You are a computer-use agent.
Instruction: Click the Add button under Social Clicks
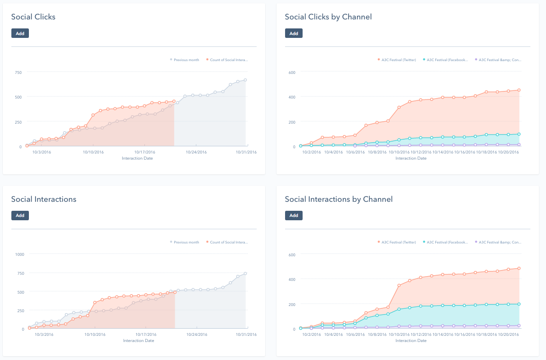[x=20, y=33]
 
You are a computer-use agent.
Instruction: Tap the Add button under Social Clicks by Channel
[x=294, y=33]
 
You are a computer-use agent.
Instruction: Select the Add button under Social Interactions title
[x=20, y=216]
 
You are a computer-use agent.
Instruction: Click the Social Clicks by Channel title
[x=328, y=17]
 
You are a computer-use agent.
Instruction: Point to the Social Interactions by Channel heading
[x=339, y=199]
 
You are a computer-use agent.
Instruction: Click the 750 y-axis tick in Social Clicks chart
[x=18, y=72]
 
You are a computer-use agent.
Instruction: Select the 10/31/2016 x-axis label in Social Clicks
[x=246, y=152]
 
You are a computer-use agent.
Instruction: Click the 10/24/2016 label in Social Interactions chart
[x=196, y=334]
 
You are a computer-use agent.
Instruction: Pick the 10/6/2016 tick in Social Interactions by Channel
[x=355, y=334]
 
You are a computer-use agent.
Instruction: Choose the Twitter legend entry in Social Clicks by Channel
[x=398, y=60]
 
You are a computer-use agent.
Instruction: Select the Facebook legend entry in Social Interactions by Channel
[x=447, y=242]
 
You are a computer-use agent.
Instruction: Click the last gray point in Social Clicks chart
[x=246, y=80]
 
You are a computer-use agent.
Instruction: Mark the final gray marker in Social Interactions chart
[x=246, y=273]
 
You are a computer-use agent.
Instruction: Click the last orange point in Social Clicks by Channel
[x=519, y=90]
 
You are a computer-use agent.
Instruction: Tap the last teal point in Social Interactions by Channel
[x=519, y=304]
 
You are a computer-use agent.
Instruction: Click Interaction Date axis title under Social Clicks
[x=138, y=158]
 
